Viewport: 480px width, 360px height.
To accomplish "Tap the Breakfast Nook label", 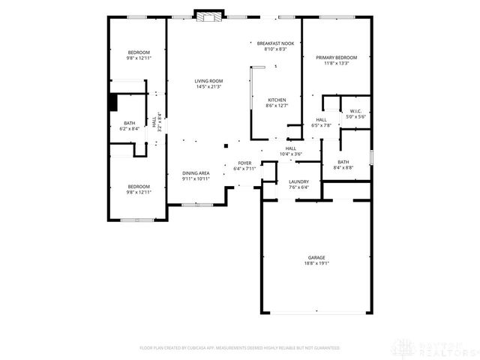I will tap(274, 43).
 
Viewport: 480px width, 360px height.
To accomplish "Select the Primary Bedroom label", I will tap(336, 58).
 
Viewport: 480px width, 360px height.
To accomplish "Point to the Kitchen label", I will tap(277, 100).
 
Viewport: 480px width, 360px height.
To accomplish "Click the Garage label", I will tap(316, 257).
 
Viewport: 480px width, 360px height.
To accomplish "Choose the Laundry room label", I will tap(299, 181).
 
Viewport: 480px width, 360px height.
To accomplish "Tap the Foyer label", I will tap(245, 163).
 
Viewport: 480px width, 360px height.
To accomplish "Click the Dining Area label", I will tap(196, 173).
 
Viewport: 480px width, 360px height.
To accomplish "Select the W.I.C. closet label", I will tap(355, 112).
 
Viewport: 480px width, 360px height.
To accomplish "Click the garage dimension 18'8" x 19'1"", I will tap(316, 263).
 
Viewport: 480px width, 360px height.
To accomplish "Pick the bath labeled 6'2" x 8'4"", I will tap(130, 125).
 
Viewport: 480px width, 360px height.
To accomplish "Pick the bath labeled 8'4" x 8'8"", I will tap(343, 164).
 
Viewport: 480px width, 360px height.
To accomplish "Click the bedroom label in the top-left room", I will tap(138, 52).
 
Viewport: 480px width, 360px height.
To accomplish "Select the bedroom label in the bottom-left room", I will tap(138, 187).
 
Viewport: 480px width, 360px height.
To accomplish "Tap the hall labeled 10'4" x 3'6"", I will tap(290, 151).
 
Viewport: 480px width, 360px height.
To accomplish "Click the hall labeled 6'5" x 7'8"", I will tap(320, 122).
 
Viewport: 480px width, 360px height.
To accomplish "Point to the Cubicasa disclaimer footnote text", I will tap(239, 348).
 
